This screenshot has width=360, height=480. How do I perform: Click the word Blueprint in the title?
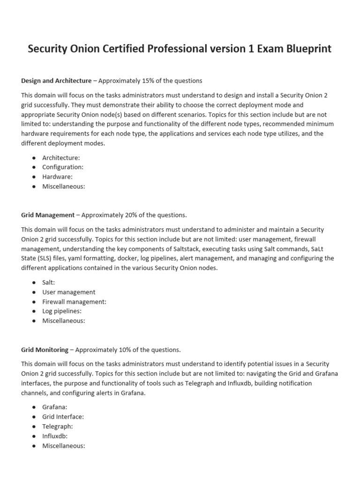tap(306, 49)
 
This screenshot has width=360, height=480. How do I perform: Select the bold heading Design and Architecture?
tap(56, 81)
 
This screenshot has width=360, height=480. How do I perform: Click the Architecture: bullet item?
tap(61, 157)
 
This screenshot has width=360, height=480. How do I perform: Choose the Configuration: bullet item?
tap(63, 167)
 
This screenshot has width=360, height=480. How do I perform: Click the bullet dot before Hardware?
tap(34, 177)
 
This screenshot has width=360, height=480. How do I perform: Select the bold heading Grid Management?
tap(48, 215)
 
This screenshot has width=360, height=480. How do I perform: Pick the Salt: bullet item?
tap(49, 282)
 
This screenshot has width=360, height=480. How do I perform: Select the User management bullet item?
tap(68, 292)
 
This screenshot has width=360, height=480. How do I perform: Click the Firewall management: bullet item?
tap(74, 301)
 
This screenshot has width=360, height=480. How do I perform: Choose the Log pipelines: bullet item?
tap(62, 311)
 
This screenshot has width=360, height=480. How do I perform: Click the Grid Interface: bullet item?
tap(63, 417)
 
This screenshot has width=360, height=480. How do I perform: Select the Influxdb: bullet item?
tap(55, 436)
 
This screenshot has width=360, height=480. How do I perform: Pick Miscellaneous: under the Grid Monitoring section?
tap(64, 446)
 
